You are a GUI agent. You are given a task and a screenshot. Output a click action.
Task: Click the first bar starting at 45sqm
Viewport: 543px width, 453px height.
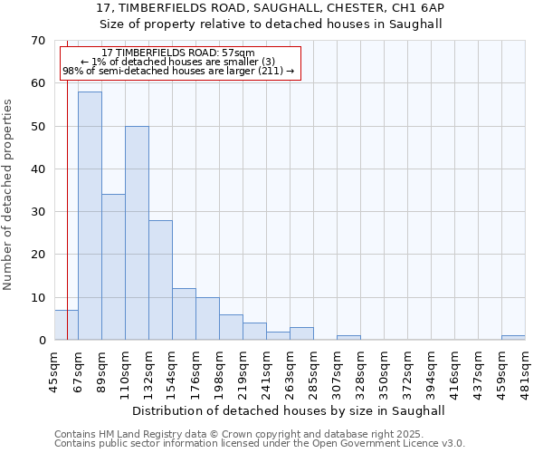(x=66, y=325)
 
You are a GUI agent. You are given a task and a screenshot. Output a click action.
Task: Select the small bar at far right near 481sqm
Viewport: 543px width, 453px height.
(x=513, y=338)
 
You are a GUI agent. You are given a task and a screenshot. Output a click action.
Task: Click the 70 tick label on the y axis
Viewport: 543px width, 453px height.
(x=37, y=41)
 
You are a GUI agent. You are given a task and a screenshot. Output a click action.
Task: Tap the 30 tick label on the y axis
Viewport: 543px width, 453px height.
(x=37, y=212)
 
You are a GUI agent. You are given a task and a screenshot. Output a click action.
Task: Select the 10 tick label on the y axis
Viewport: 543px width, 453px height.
(x=37, y=297)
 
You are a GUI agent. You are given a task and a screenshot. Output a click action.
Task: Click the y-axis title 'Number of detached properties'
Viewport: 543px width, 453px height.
(x=9, y=195)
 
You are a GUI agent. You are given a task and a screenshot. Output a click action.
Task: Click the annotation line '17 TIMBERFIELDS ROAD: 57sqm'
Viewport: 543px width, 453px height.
(x=178, y=53)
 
